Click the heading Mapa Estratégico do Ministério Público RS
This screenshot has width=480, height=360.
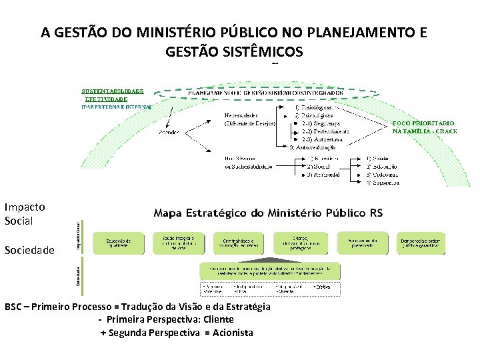268,213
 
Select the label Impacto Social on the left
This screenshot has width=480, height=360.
24,213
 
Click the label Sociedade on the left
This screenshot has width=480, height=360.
29,251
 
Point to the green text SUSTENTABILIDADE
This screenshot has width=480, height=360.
113,89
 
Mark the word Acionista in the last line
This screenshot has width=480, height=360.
233,332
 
